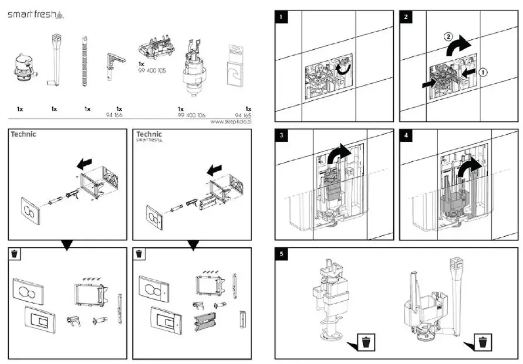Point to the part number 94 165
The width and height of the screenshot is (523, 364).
pyautogui.click(x=242, y=116)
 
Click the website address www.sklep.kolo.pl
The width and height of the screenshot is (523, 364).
pyautogui.click(x=230, y=123)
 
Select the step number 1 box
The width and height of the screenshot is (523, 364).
pyautogui.click(x=283, y=16)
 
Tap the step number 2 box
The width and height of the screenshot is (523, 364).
pyautogui.click(x=407, y=16)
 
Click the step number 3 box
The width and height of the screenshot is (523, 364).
pyautogui.click(x=283, y=136)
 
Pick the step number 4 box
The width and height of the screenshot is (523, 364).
pyautogui.click(x=407, y=136)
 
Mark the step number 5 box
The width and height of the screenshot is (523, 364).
pyautogui.click(x=283, y=254)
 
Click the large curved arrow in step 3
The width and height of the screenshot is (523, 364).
pyautogui.click(x=339, y=156)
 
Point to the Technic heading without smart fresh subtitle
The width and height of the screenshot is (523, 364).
pyautogui.click(x=23, y=134)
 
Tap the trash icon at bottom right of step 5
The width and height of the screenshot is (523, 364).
pyautogui.click(x=482, y=341)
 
